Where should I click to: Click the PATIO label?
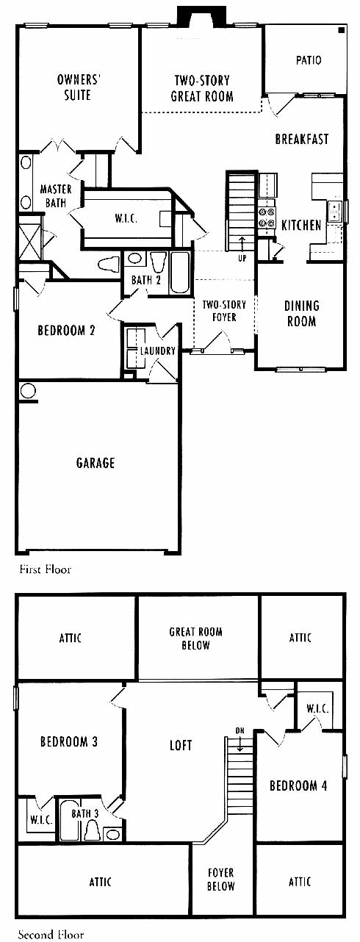[x=309, y=60]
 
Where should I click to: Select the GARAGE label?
[x=96, y=463]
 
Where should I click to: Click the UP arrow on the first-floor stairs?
[x=242, y=245]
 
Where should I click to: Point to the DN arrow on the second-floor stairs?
[x=240, y=744]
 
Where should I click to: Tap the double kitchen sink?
[x=335, y=212]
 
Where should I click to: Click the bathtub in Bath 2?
[x=181, y=273]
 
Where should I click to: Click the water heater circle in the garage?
[x=28, y=391]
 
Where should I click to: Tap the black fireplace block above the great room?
[x=201, y=16]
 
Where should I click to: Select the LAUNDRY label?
[x=158, y=350]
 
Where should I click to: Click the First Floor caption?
[x=46, y=569]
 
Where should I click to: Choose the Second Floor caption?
[x=51, y=935]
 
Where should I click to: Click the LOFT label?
[x=181, y=745]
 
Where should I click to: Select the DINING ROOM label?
[x=301, y=314]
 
